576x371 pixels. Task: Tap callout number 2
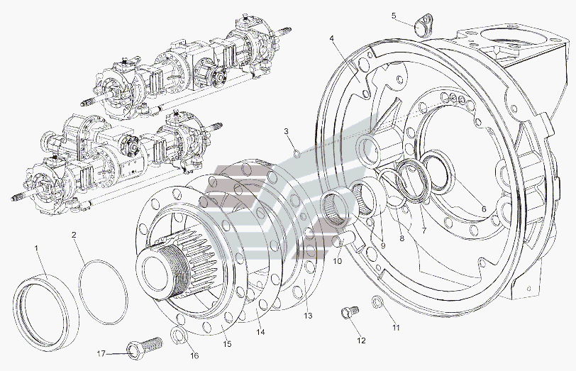pos(74,235)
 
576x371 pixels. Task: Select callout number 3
pos(287,131)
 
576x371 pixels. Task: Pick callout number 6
pos(484,209)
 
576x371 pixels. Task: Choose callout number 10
pos(338,261)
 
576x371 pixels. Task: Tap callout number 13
pos(307,316)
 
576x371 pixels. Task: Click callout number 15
pos(227,345)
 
